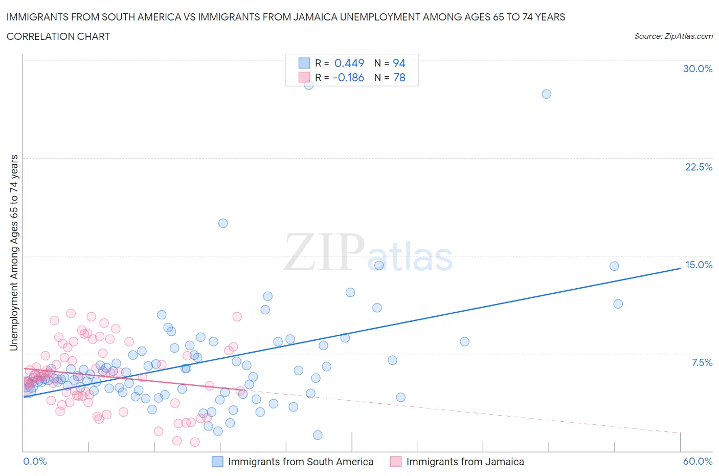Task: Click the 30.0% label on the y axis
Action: [x=698, y=69]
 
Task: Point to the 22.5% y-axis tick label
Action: [x=699, y=167]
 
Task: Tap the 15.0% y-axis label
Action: [x=699, y=265]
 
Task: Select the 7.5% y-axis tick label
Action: [x=702, y=362]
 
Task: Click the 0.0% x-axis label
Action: [x=35, y=461]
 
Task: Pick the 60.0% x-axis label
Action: [x=698, y=461]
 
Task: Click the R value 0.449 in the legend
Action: [x=349, y=63]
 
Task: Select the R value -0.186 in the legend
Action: [x=348, y=77]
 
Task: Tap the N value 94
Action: [x=399, y=63]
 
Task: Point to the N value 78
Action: [x=399, y=77]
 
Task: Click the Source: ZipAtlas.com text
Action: [x=673, y=36]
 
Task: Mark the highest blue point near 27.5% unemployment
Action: [x=546, y=94]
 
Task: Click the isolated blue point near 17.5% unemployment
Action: [x=223, y=223]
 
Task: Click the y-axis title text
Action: [x=14, y=253]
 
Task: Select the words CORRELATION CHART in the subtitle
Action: [x=58, y=36]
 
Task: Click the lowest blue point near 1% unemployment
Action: [x=318, y=435]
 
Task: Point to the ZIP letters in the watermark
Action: [x=324, y=252]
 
